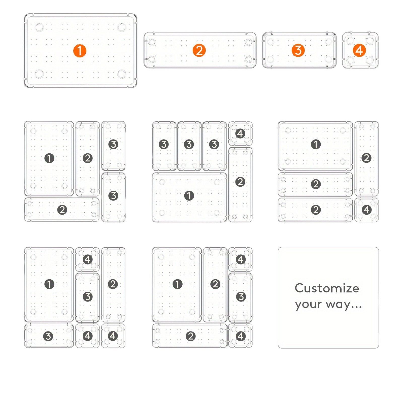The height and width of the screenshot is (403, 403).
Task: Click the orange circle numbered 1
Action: click(80, 51)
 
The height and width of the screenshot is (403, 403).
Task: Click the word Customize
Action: click(327, 288)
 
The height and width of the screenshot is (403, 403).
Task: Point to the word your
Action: click(308, 305)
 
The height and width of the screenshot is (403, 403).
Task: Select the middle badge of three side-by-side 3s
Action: click(189, 144)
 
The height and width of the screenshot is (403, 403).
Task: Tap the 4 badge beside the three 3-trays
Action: click(240, 133)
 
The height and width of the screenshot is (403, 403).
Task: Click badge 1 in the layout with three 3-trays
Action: click(189, 196)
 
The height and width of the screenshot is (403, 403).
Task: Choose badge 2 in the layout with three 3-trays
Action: click(240, 182)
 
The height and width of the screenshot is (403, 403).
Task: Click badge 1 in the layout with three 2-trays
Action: click(316, 144)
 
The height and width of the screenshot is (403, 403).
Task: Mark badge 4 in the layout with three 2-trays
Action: click(366, 210)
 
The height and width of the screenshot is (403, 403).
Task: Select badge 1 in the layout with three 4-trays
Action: click(49, 284)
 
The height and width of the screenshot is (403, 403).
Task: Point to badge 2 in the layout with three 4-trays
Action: click(113, 284)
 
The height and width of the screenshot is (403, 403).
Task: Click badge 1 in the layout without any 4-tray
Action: click(49, 158)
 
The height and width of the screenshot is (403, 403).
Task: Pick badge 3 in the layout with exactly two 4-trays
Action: click(241, 297)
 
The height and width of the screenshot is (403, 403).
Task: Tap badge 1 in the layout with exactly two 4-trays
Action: click(177, 284)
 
